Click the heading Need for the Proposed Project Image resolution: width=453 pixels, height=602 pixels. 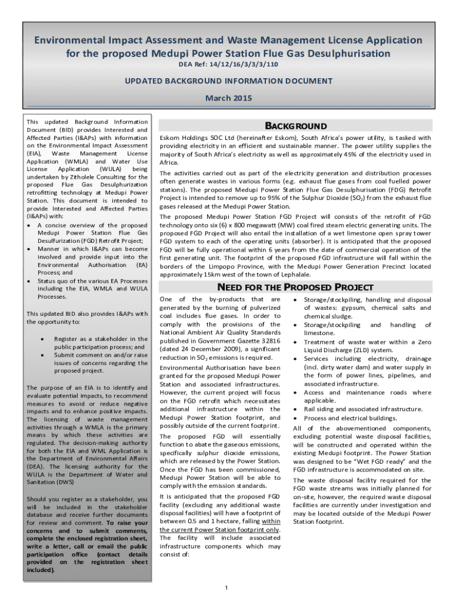point(295,287)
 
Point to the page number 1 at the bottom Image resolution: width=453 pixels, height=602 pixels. point(226,588)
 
